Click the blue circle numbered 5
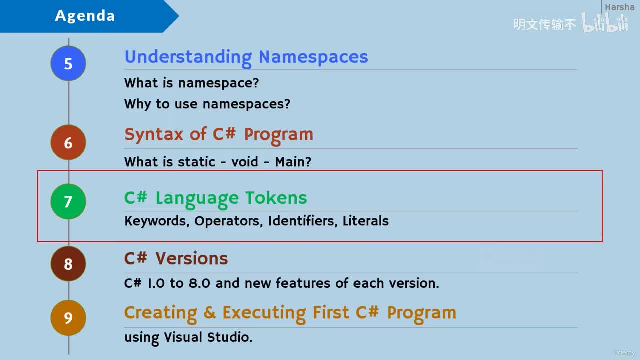click(68, 63)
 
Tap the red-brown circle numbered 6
click(68, 143)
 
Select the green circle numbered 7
click(68, 201)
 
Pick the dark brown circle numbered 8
click(68, 263)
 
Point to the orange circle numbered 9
click(68, 318)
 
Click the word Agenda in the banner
click(85, 16)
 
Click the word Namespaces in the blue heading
click(313, 57)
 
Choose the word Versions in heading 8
click(191, 258)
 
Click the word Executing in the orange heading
click(265, 313)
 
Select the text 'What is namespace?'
click(191, 83)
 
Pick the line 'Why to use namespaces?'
click(207, 104)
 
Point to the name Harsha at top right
click(619, 7)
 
